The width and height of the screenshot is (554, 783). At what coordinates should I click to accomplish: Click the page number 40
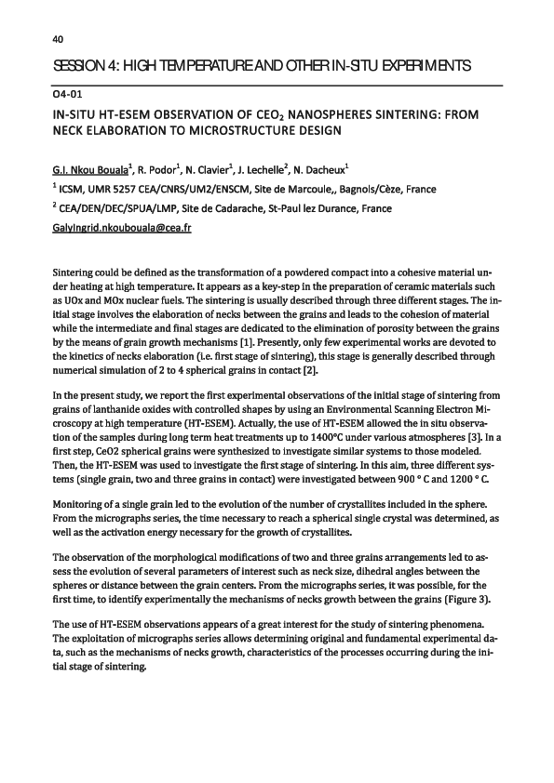point(57,38)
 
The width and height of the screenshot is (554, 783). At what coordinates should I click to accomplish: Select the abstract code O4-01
point(70,96)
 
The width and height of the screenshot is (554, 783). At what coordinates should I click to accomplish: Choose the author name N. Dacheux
point(323,171)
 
